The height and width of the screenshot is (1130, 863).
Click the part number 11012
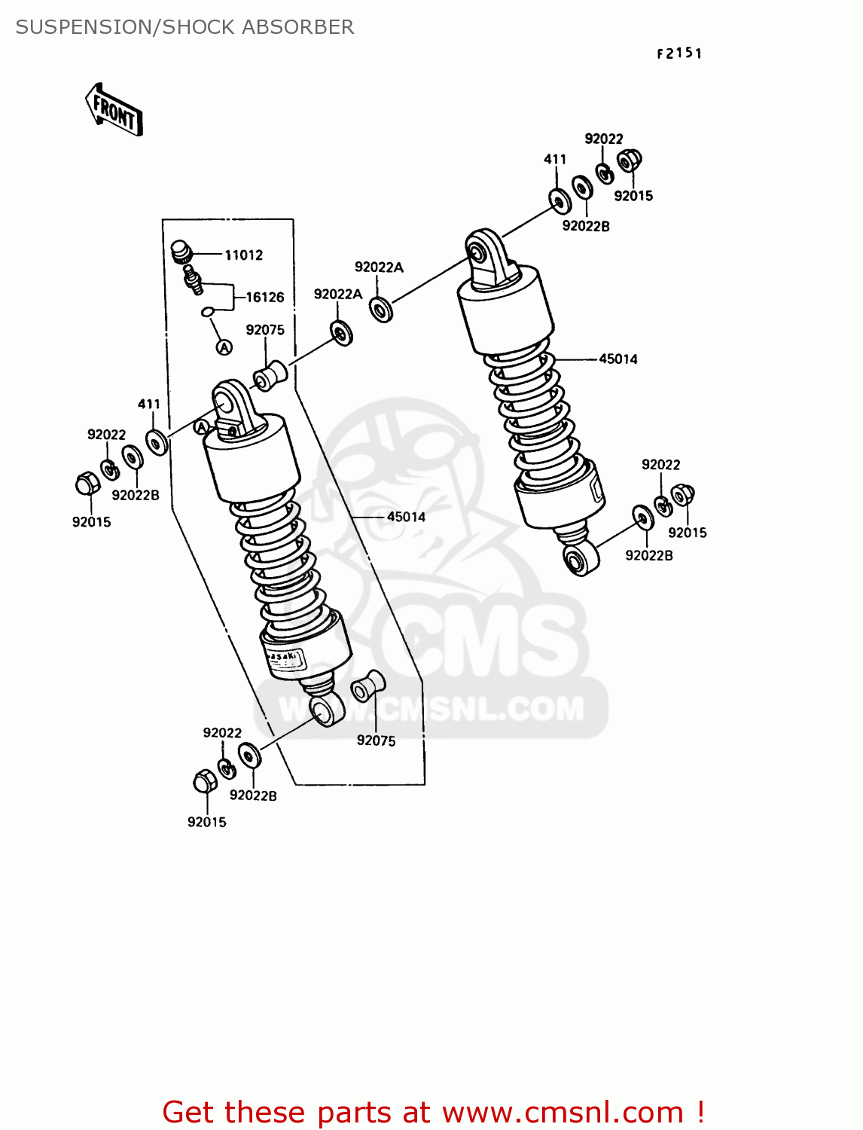[243, 255]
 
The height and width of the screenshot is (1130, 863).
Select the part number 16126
[265, 297]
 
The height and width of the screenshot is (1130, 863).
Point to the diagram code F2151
[679, 53]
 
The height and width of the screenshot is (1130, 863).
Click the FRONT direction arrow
[114, 111]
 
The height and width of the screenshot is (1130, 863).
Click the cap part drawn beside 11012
[181, 251]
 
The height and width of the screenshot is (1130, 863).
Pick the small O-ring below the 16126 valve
[209, 312]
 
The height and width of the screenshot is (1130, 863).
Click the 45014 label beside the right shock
[618, 359]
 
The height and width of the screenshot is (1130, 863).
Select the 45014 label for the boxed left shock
[406, 517]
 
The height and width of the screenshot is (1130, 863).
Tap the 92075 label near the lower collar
[376, 741]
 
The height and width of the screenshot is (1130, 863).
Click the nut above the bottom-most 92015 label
[205, 781]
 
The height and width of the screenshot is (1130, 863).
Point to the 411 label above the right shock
[555, 159]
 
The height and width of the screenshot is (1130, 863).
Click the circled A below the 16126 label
[224, 347]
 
